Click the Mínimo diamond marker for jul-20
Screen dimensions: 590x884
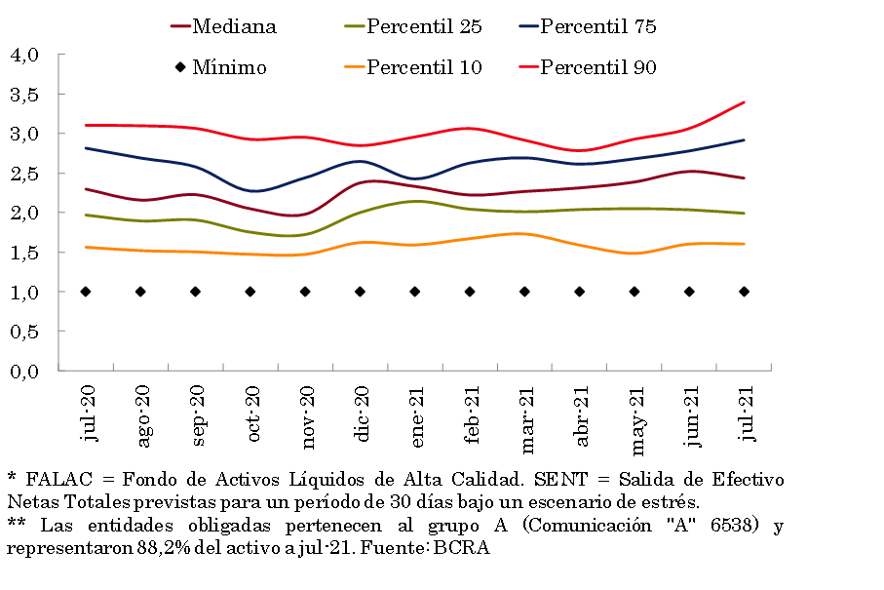tap(86, 292)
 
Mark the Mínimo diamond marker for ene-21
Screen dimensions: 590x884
tap(415, 292)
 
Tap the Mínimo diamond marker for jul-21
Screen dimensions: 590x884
tap(745, 292)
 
